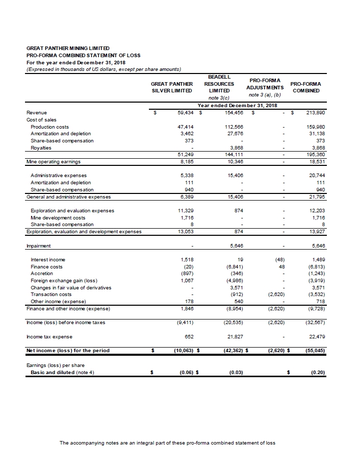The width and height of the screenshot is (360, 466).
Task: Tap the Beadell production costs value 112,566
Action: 233,127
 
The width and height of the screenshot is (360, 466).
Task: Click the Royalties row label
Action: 41,148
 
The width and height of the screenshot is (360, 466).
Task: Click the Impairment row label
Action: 38,246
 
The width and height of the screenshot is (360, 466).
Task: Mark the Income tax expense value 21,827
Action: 235,336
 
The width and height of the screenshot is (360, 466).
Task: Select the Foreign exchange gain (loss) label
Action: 64,281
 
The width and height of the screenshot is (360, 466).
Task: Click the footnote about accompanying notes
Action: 167,443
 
